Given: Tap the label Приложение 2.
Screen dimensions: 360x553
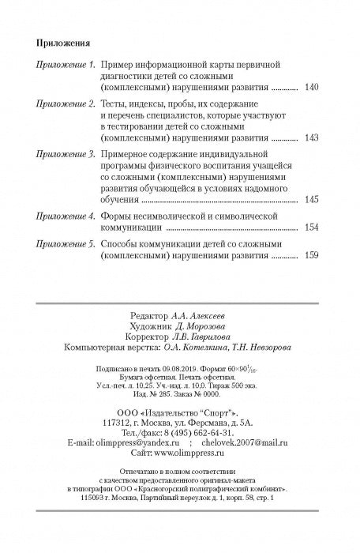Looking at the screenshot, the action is point(62,104).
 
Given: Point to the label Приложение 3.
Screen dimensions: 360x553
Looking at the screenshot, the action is point(62,158).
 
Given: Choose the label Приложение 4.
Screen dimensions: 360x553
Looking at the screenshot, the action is point(62,215).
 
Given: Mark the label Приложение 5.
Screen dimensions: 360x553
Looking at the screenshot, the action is point(62,245).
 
